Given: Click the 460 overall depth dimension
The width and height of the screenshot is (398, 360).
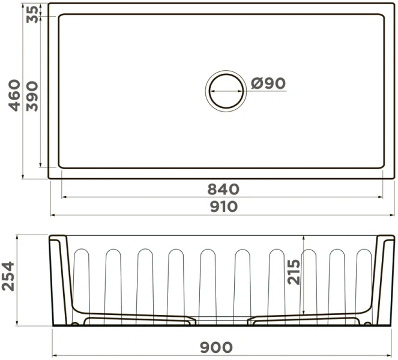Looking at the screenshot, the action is pos(14,95).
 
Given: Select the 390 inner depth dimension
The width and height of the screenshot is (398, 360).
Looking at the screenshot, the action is pos(32,97).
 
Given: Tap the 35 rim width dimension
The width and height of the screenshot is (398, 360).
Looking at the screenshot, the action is pos(32,14).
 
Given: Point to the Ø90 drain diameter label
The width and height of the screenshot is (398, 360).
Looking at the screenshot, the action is pos(268,83).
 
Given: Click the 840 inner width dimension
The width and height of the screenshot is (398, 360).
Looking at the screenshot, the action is pos(223,189).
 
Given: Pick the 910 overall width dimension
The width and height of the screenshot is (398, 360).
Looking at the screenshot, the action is pos(224,206).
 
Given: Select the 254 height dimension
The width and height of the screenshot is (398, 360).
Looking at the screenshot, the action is pos(8,276).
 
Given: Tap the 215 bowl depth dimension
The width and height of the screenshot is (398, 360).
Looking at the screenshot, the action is pos(294,272).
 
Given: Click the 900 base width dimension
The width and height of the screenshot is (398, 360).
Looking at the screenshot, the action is pos(216,347).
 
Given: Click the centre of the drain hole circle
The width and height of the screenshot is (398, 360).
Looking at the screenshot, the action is pos(226,91).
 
